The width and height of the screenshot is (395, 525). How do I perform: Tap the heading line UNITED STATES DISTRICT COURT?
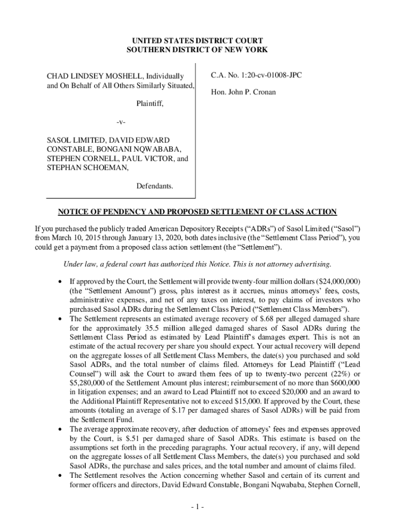click(197, 41)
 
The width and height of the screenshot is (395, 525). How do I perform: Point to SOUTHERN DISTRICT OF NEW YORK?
click(197, 50)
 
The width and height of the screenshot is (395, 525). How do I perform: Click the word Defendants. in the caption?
click(154, 186)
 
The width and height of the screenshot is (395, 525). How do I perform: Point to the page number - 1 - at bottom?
click(197, 507)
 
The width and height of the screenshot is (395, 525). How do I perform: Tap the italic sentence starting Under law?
click(197, 265)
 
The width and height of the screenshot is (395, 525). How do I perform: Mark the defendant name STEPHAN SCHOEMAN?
click(87, 167)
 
